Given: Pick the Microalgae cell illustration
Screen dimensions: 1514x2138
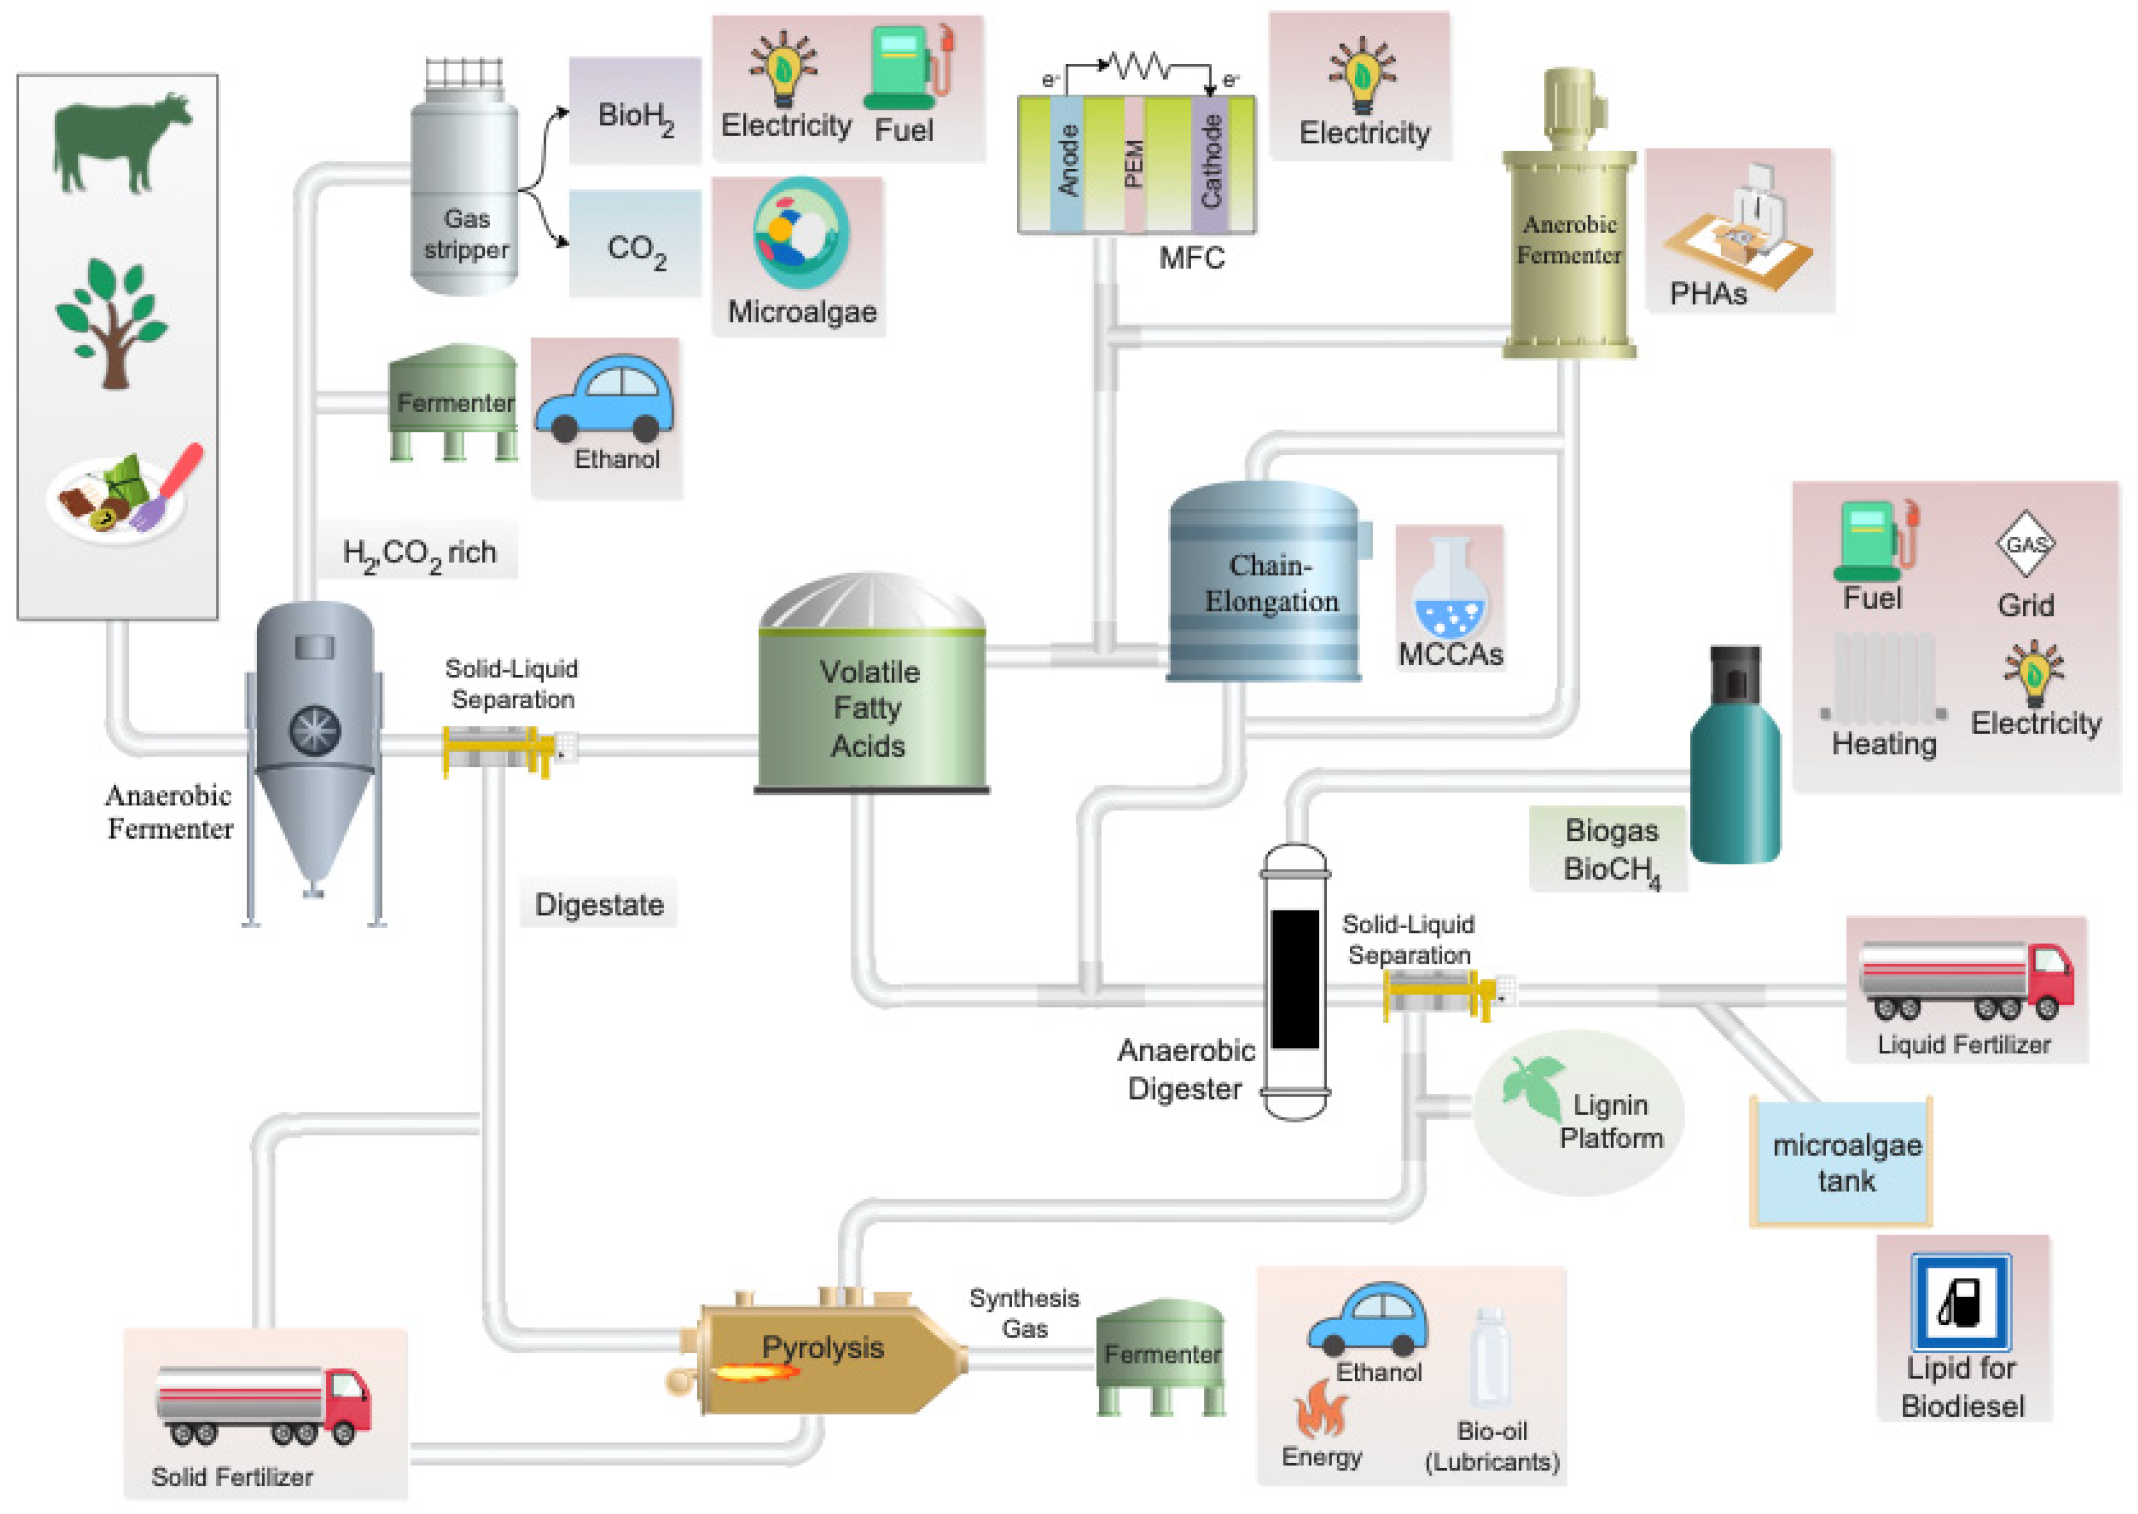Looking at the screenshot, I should (x=801, y=233).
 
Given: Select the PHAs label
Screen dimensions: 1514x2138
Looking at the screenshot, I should (x=1708, y=294).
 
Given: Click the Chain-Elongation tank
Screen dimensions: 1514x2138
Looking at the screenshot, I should (x=1264, y=583).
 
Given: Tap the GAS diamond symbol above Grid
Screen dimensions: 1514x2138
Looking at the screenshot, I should (x=2025, y=543).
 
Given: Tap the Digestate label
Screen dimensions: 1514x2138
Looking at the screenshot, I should (x=598, y=904).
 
